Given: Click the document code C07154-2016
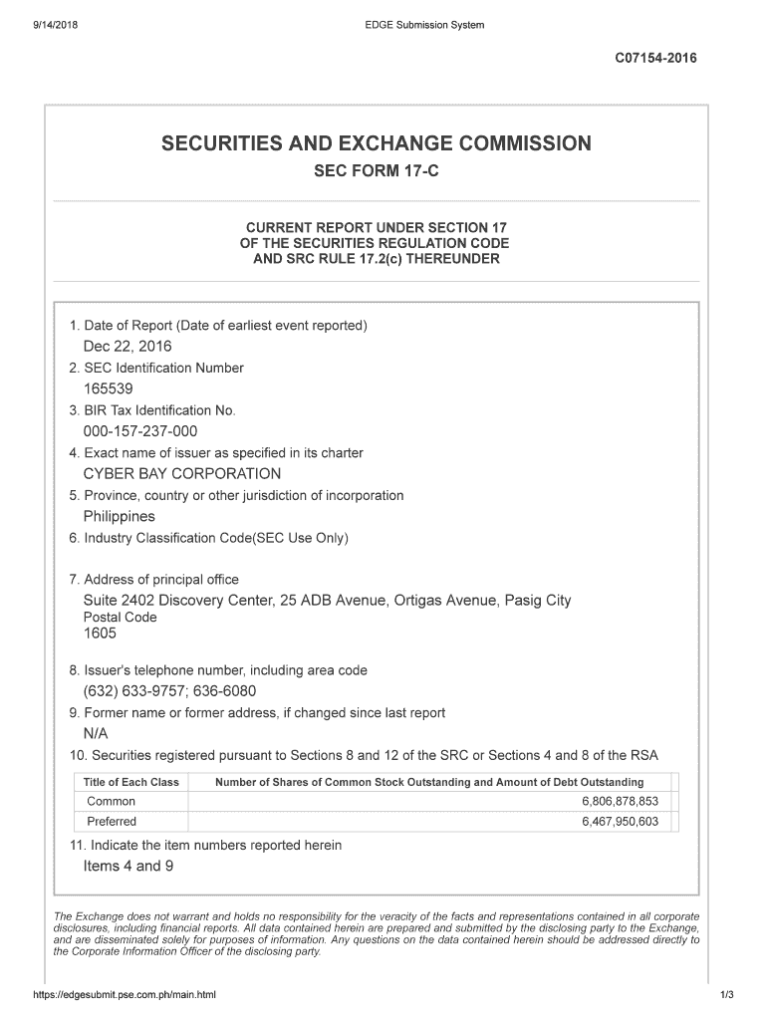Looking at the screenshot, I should coord(655,58).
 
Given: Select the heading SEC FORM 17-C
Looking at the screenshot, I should coord(376,172).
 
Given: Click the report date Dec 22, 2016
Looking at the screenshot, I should coord(128,347).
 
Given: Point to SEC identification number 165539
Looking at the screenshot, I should coord(108,388).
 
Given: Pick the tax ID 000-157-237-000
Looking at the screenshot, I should coord(140,431).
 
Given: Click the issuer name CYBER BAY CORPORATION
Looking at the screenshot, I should coord(182,474).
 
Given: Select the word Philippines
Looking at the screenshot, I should coord(120,517).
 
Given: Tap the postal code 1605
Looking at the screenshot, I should coord(100,634).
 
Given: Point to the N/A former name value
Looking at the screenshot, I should coord(96,734).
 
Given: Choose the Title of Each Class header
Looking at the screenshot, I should coord(131,782).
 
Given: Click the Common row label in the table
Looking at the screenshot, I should coord(112,802).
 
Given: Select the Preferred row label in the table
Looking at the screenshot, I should coord(113,822).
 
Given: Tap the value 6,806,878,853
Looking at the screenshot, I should coord(620,802).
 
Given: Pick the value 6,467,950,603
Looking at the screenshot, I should coord(620,822).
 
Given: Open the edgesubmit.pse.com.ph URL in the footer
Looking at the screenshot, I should coord(125,995).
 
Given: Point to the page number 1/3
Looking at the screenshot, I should coord(726,995).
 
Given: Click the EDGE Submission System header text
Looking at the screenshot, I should coord(424,25).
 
